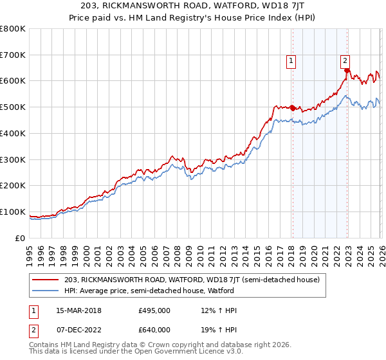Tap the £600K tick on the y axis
point(13,81)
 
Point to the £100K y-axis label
point(13,212)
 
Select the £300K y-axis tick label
point(13,159)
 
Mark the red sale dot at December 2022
point(346,71)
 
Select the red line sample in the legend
point(46,280)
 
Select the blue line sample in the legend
point(46,291)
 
